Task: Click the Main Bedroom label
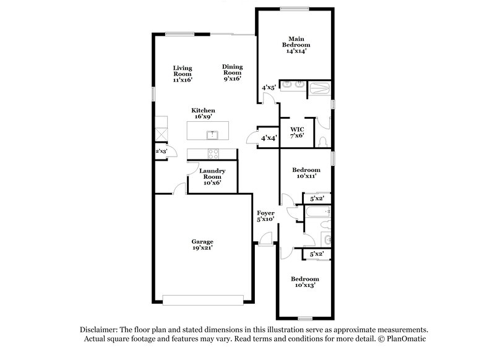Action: [295, 45]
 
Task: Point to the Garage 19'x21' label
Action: [202, 244]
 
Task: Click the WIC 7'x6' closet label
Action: [297, 132]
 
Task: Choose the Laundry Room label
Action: [212, 176]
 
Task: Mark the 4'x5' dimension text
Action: [269, 88]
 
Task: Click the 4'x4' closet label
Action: [269, 137]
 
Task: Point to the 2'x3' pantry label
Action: [161, 151]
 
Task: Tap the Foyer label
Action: [265, 216]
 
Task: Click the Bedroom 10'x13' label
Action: [306, 282]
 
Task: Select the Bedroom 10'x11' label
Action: [306, 173]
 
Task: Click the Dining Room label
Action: [232, 72]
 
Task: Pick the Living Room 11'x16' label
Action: [183, 74]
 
